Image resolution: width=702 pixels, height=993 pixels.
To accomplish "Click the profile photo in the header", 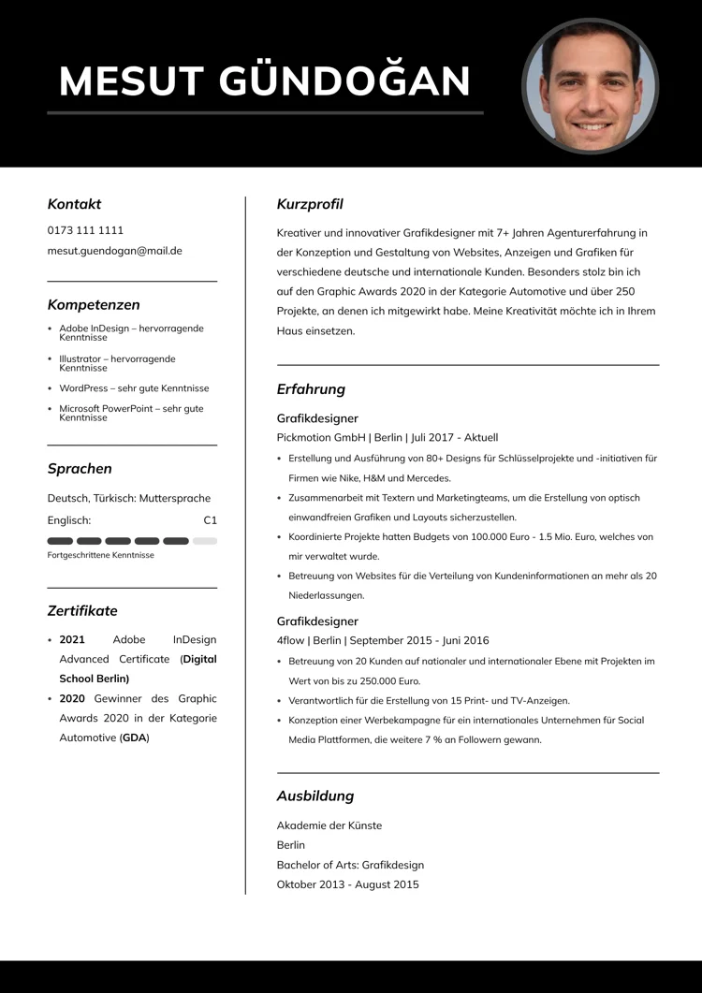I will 590,85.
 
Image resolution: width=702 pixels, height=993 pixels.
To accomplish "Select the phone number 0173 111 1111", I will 85,230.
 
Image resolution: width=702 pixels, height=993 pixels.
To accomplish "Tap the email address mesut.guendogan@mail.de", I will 114,251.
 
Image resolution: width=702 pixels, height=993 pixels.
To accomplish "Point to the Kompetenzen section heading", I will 94,305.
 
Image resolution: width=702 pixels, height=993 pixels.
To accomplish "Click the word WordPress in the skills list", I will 83,388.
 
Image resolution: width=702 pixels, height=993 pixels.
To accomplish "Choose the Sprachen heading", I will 80,469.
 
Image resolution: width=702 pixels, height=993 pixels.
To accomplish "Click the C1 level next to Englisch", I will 210,520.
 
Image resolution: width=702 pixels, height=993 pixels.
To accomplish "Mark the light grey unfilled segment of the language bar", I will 205,541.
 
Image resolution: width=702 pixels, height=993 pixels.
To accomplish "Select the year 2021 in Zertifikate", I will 72,640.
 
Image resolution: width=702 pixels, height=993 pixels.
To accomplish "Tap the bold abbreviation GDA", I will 134,737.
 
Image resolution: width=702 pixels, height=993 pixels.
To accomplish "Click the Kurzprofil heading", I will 310,205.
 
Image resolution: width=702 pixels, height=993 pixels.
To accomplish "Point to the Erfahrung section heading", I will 311,389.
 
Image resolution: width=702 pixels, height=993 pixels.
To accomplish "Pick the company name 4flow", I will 291,641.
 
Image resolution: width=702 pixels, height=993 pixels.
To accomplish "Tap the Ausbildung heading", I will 315,796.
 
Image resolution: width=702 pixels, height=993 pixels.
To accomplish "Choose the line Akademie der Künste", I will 329,825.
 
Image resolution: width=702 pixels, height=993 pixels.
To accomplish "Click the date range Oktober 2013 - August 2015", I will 347,884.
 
